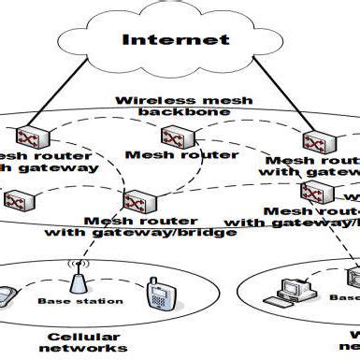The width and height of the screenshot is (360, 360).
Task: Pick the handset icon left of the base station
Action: point(7,296)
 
